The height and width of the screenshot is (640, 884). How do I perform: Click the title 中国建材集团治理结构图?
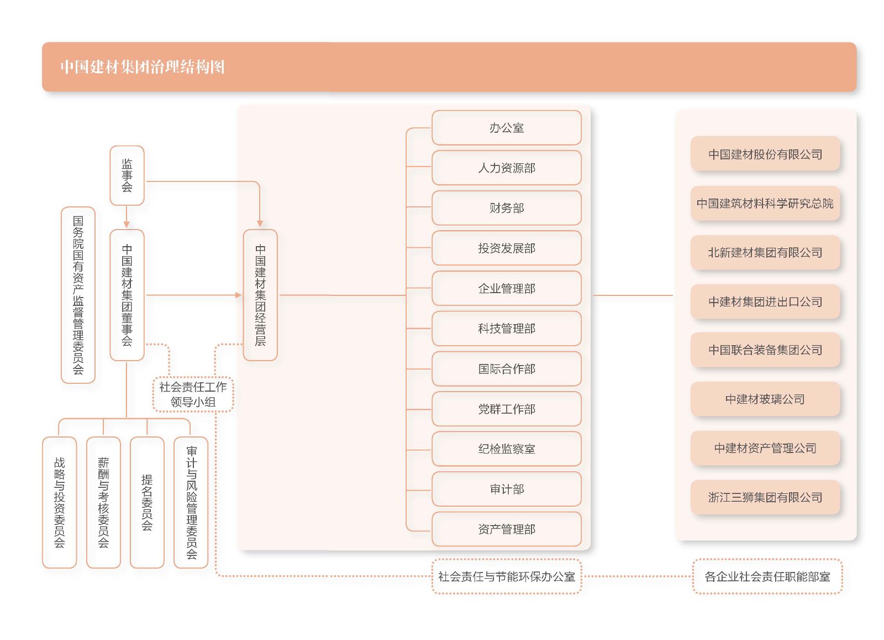[143, 67]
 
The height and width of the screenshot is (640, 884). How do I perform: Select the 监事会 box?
[127, 175]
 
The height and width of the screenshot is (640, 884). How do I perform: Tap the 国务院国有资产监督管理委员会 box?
[78, 295]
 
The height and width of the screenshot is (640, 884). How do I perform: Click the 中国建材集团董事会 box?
[127, 295]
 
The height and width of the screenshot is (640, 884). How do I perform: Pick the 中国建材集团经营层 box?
[260, 295]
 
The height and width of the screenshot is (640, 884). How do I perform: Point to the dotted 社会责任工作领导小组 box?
[193, 394]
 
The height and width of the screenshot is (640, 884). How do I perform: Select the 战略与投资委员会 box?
[59, 502]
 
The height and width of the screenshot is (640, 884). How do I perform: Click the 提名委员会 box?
[147, 502]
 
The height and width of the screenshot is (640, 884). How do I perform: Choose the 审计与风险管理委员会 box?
[191, 502]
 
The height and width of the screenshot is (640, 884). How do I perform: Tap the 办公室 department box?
[506, 128]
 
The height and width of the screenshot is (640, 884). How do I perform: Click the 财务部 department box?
[506, 208]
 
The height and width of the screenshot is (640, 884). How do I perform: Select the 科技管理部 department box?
[506, 329]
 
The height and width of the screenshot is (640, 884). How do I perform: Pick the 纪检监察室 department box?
[506, 449]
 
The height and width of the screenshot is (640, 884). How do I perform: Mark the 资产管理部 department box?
[506, 529]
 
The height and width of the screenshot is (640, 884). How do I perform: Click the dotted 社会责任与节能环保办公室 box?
[506, 576]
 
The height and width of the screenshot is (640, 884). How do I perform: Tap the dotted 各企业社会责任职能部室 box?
[767, 576]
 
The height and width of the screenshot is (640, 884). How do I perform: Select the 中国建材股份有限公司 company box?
[765, 154]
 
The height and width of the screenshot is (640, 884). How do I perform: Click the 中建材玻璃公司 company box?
[765, 399]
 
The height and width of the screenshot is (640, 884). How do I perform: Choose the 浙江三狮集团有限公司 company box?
[765, 497]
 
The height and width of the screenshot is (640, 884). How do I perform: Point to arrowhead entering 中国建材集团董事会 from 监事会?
[127, 225]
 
